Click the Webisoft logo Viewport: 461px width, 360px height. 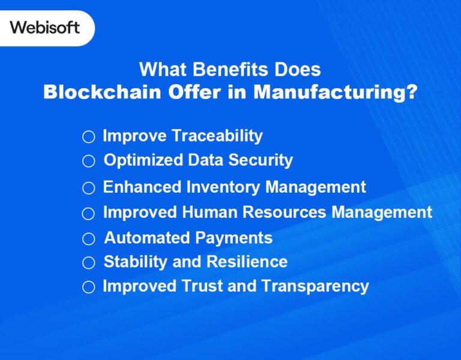pos(44,28)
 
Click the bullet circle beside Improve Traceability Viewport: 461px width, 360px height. pos(89,137)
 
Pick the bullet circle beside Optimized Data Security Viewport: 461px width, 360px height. pos(89,161)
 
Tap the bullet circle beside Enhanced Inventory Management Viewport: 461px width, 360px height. pos(89,188)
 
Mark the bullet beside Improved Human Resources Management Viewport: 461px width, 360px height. pos(89,214)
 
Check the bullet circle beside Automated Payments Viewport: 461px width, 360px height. pos(89,239)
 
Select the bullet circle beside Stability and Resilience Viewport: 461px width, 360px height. pos(89,263)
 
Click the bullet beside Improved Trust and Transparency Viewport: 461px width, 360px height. pos(89,287)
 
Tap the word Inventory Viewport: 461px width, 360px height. pos(223,187)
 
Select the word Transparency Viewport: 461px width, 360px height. pos(316,286)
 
